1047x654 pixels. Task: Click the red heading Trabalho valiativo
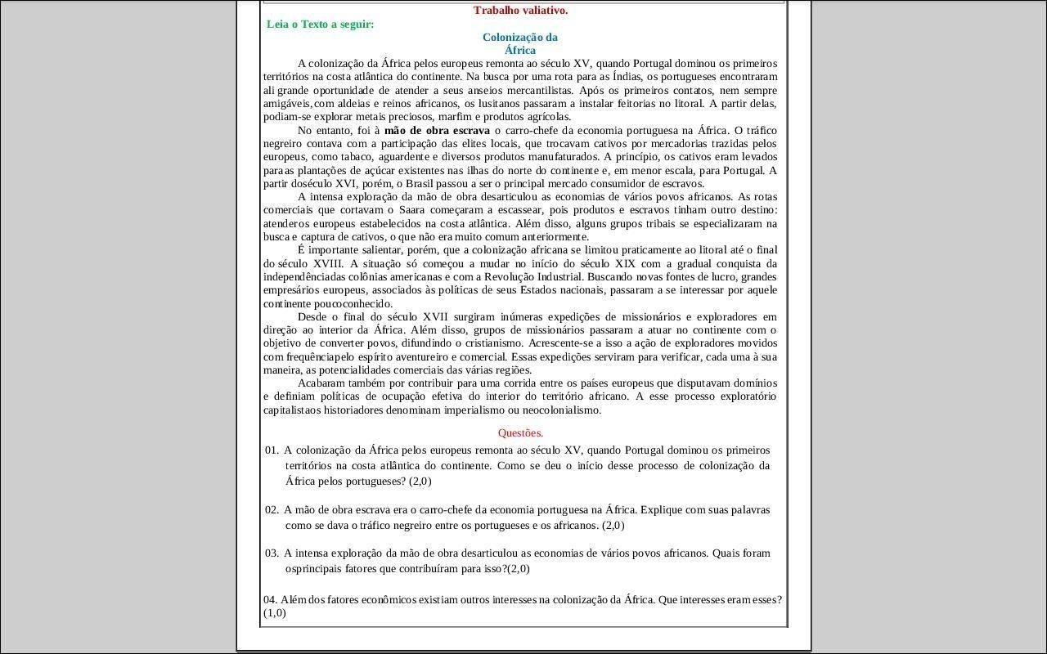pos(520,11)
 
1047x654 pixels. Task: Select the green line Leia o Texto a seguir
pos(321,24)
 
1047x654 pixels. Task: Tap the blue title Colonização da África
pos(520,43)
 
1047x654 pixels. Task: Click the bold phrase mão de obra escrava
pos(437,130)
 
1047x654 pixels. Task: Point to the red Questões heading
pos(520,433)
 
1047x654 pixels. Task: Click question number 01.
pos(272,450)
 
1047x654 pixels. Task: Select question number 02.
pos(272,510)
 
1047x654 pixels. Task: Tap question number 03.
pos(272,553)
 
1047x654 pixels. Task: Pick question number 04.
pos(271,599)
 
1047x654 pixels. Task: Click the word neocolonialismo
pos(563,410)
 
